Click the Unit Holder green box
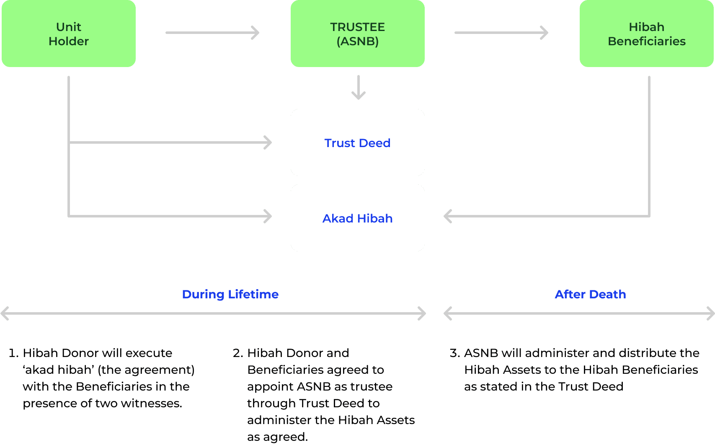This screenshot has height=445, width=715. [x=69, y=34]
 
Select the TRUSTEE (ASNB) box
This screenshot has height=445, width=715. [x=357, y=34]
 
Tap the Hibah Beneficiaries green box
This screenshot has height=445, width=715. [x=646, y=34]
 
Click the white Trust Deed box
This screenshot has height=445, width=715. [x=357, y=142]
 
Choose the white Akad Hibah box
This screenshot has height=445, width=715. [x=357, y=218]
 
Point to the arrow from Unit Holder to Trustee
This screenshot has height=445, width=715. [x=212, y=33]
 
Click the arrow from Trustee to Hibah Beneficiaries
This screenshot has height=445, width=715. [x=501, y=33]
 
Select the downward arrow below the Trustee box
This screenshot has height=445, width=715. [x=359, y=87]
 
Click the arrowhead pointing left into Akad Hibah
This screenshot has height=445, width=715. [x=447, y=216]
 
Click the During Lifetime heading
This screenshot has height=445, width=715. [x=230, y=294]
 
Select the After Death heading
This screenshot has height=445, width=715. [x=590, y=294]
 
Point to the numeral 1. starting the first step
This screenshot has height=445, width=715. [x=13, y=353]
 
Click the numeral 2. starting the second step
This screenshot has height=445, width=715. [x=237, y=353]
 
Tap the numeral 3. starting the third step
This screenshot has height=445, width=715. [x=454, y=353]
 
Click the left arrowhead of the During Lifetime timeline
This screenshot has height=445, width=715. [x=5, y=313]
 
